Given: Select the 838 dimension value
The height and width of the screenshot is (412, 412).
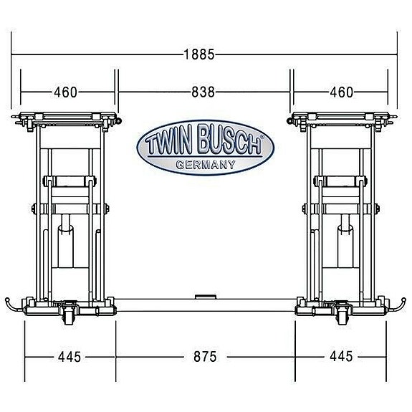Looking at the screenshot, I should tap(203, 92).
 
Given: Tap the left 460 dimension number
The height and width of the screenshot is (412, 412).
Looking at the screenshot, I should tap(65, 92).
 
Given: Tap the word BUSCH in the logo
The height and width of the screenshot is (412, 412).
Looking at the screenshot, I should tap(226, 145).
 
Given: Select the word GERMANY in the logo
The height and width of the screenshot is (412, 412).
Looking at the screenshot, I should tap(205, 165).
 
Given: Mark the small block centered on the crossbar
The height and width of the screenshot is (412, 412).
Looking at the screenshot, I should tap(206, 295).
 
